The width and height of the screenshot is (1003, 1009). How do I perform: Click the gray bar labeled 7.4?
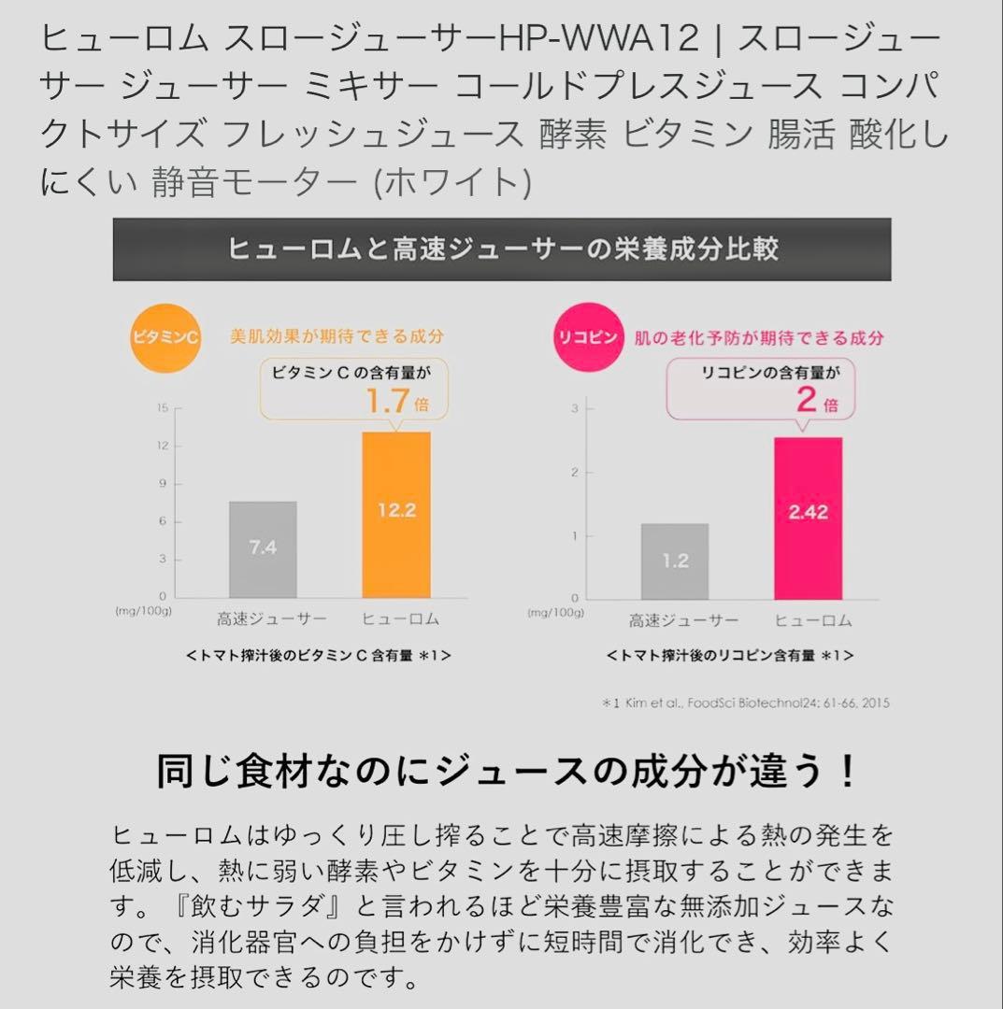pos(263,549)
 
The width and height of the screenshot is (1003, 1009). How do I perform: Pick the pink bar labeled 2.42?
pos(808,519)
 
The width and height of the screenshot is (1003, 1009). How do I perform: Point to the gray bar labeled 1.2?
pos(674,561)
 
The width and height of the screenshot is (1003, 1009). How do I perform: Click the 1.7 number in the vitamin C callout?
pos(387,401)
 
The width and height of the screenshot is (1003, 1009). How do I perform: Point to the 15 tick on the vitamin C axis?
pos(163,407)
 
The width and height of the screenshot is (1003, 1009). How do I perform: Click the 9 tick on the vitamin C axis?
pos(163,483)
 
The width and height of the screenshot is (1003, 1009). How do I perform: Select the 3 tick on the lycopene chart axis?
pos(577,408)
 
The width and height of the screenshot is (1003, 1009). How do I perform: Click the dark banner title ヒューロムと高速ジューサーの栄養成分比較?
pos(502,249)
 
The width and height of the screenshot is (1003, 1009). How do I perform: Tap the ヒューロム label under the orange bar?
pos(399,619)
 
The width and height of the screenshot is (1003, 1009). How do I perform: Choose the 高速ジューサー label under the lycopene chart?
pos(682,620)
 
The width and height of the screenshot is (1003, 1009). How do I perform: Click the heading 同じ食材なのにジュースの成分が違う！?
pos(506,772)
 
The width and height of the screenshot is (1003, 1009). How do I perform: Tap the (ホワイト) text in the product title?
pos(451,181)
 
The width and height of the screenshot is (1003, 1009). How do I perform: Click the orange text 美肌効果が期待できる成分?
pos(337,336)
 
